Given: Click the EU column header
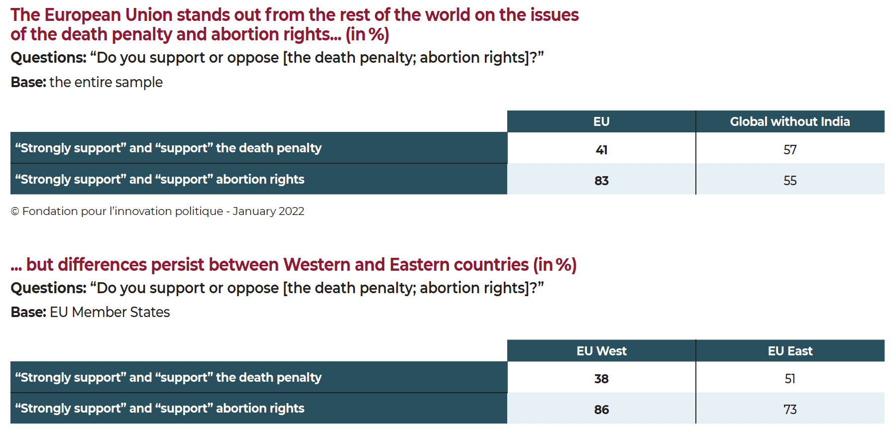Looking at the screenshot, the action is (x=601, y=121).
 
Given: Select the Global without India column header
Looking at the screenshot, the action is (x=790, y=121).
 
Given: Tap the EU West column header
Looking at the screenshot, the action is (x=601, y=351).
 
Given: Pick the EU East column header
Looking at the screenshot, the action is (x=790, y=351).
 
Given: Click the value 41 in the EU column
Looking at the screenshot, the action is (x=601, y=150).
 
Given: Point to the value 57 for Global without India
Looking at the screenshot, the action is (x=790, y=150).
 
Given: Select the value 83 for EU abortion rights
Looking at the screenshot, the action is (x=601, y=181).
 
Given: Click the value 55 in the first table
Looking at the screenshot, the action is (x=790, y=181).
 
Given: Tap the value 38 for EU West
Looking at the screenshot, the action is (x=601, y=379).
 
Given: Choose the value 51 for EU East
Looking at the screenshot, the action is (x=790, y=379).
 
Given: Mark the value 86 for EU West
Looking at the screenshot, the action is (x=601, y=410).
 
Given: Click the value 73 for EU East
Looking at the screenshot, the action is (x=790, y=410).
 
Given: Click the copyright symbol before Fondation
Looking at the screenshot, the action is (x=15, y=212).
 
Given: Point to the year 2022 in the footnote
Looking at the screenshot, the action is (x=291, y=211).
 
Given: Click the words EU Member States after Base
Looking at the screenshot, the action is (x=110, y=312).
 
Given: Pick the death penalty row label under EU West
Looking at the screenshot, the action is (x=168, y=377).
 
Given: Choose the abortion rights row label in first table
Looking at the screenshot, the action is (x=160, y=179).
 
